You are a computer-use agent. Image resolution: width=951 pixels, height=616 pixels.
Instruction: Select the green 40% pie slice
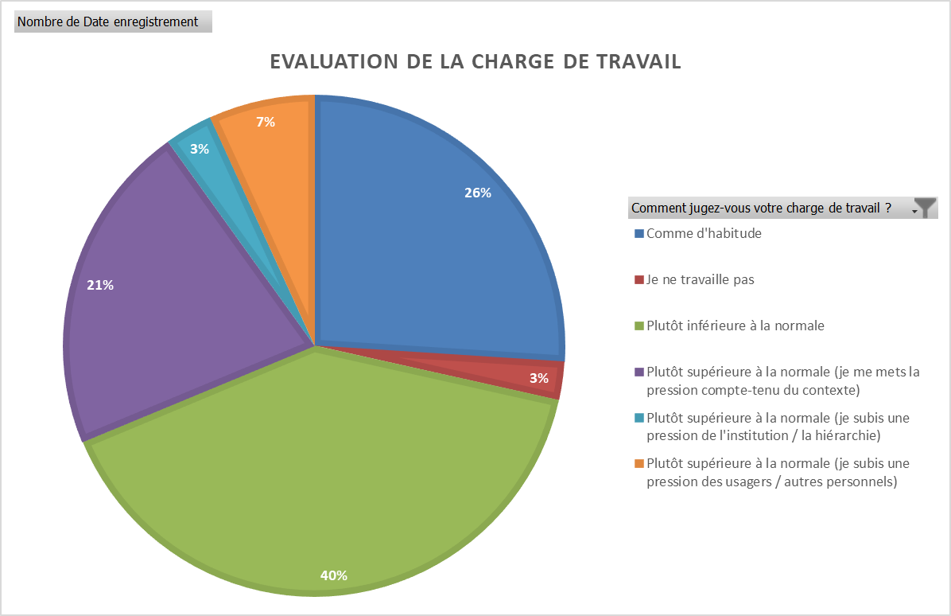tap(318, 478)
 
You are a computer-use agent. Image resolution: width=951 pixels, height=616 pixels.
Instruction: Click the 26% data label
tap(478, 193)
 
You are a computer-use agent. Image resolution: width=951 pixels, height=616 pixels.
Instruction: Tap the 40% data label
tap(333, 575)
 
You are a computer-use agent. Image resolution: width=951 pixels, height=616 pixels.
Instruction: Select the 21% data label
tap(100, 285)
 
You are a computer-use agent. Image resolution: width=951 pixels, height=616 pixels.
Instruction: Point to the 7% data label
tap(266, 122)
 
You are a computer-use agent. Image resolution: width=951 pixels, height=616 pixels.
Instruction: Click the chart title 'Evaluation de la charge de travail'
tap(475, 62)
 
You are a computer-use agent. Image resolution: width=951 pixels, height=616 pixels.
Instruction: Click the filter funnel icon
tap(926, 209)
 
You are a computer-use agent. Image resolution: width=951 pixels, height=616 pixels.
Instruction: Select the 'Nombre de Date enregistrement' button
tap(113, 22)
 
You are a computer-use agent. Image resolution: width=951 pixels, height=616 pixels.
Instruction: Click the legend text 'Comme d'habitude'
tap(704, 234)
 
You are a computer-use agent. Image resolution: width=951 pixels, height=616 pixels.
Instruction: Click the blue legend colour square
tap(639, 234)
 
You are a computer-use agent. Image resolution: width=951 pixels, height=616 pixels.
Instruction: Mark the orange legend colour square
tap(639, 463)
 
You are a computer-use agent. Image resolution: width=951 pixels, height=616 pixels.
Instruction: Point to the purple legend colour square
tap(639, 372)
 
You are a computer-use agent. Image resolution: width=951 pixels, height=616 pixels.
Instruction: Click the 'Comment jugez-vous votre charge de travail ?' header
tap(761, 209)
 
